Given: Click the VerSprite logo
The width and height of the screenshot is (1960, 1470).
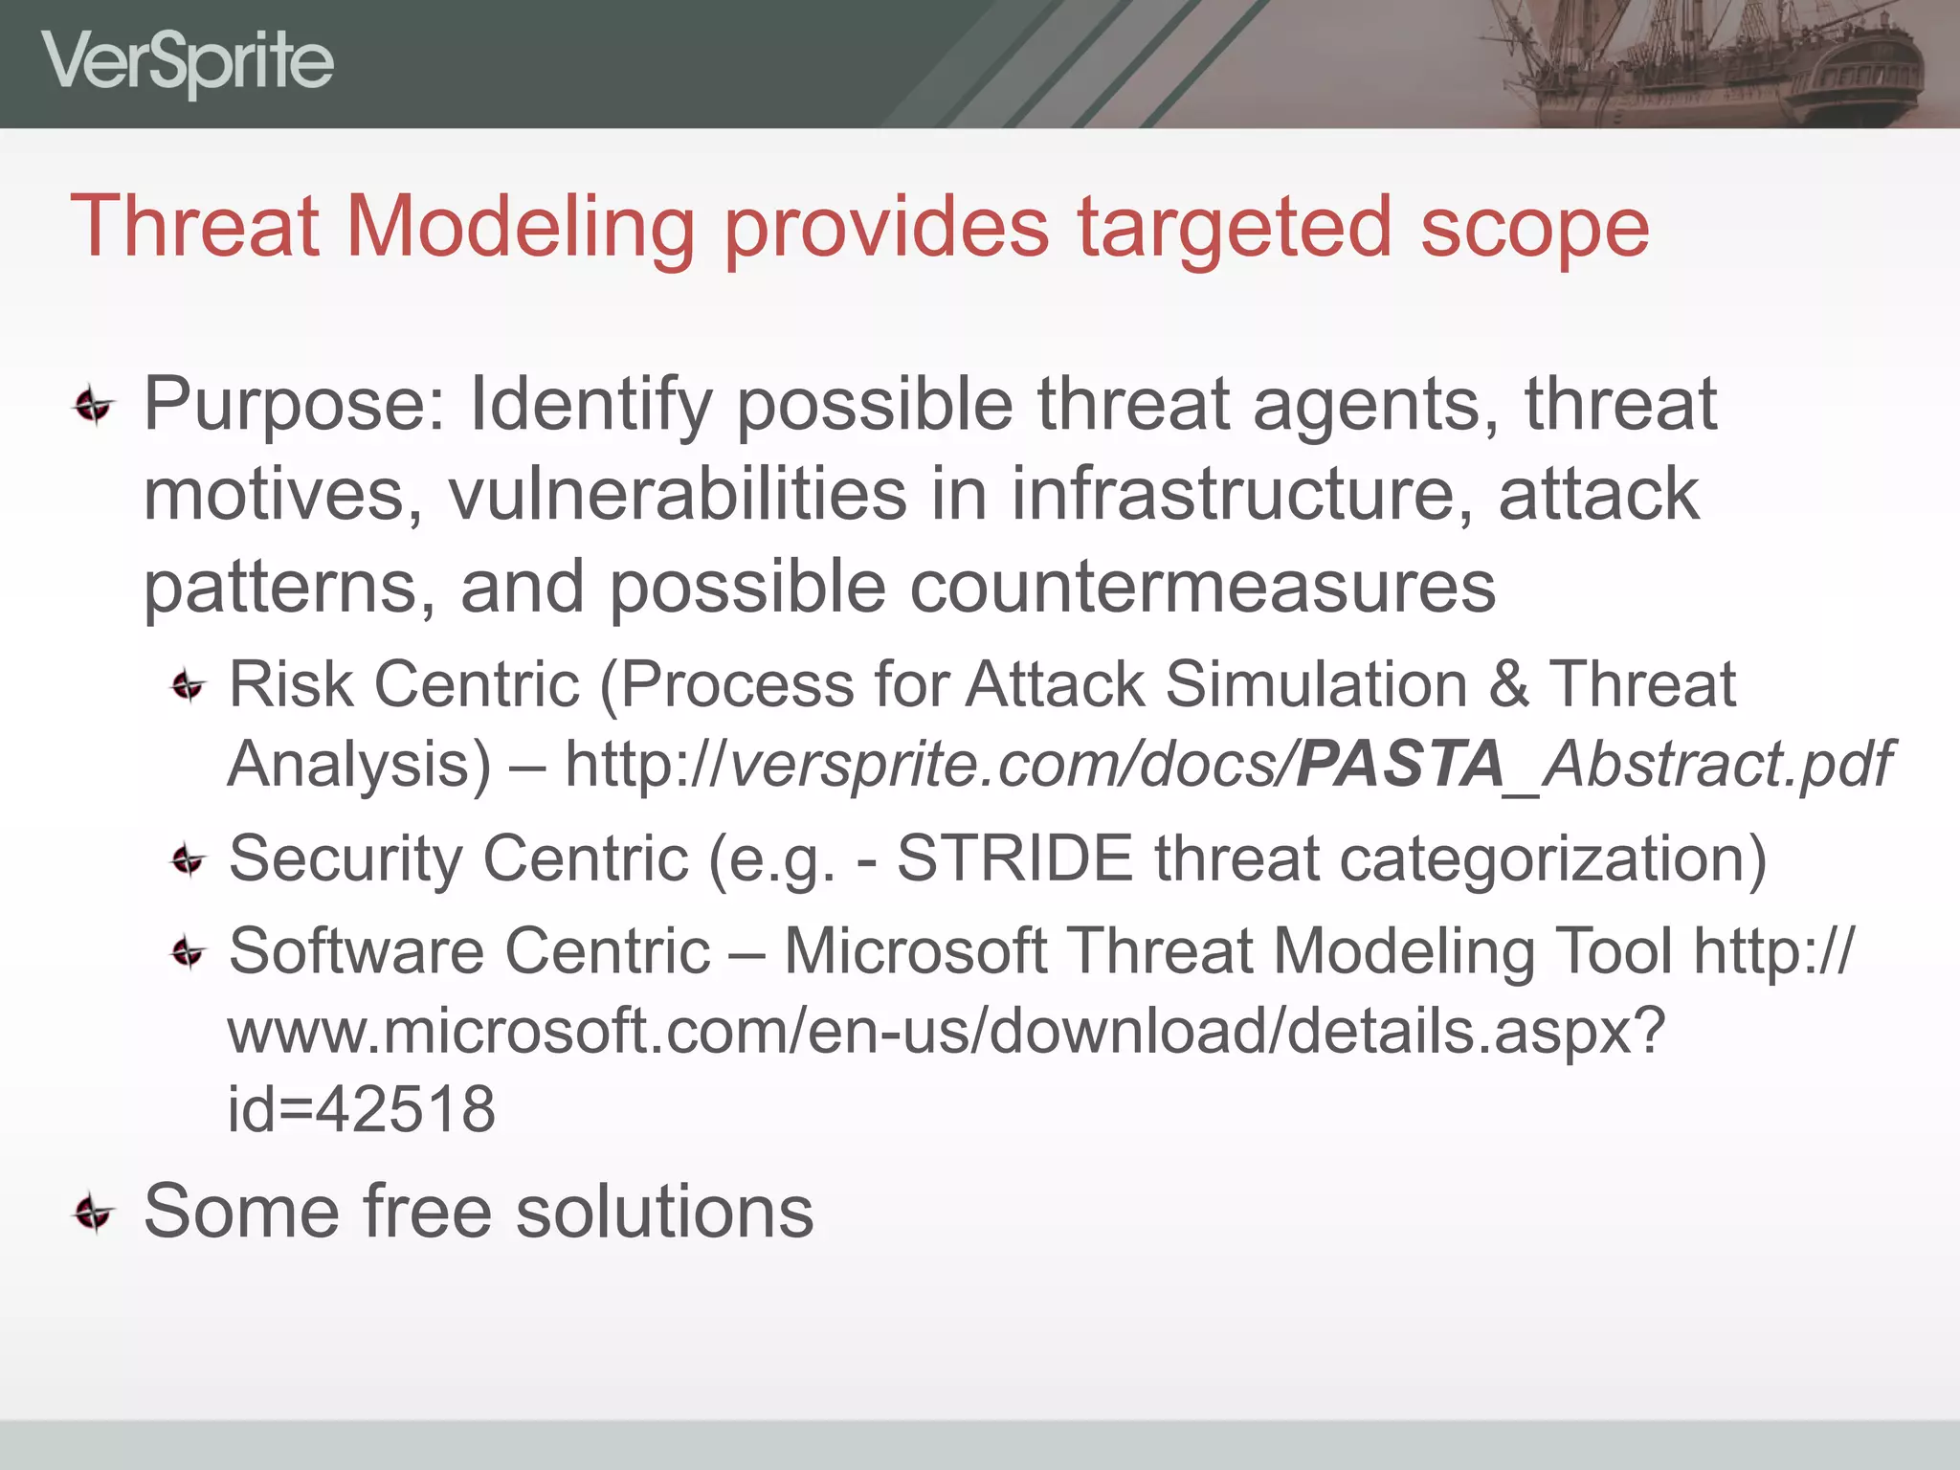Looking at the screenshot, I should coord(188,63).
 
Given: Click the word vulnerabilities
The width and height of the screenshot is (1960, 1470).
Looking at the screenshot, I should coord(678,494).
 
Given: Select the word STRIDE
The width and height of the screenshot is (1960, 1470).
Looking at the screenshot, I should coord(1014,857).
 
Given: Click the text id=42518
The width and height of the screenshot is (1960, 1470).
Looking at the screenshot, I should coord(362,1110).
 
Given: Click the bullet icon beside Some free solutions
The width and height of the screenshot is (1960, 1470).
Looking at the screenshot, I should coord(94,1214).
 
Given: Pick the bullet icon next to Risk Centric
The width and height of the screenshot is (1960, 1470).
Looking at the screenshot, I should coord(188,686).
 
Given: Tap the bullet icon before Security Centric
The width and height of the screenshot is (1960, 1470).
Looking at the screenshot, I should coord(188,859).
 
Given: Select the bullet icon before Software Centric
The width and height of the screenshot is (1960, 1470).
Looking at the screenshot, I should coord(188,952).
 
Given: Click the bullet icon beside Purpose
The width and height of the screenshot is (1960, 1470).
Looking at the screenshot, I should coord(94,407).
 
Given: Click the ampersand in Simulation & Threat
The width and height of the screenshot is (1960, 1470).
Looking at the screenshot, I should coord(1508,685).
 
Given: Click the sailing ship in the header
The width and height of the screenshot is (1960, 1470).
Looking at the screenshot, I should coord(1713,63).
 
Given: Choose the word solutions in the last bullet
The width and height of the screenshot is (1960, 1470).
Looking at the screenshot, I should coord(664,1212).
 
